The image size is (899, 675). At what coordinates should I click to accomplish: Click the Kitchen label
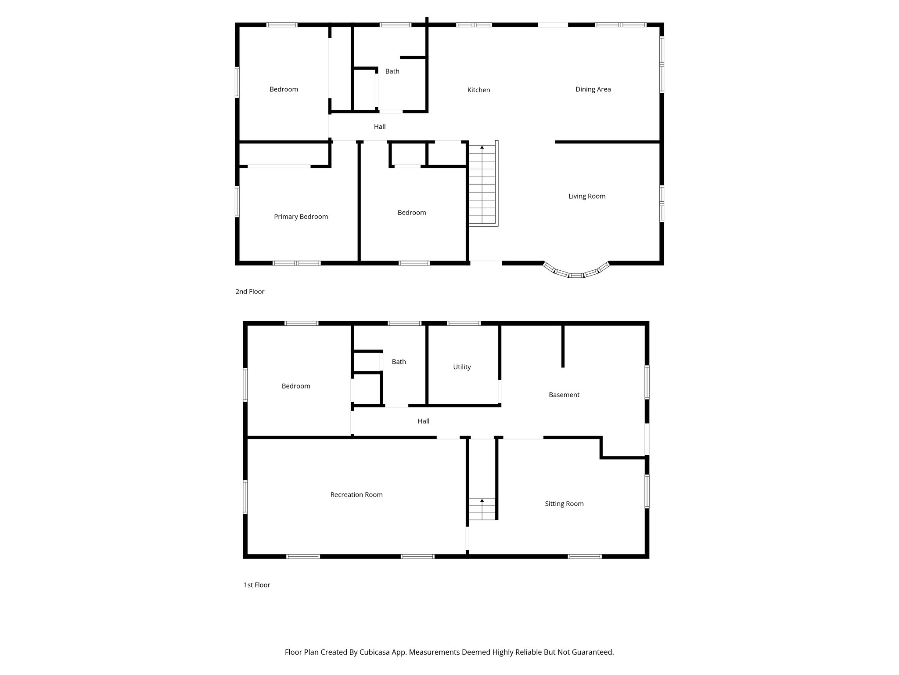tap(478, 90)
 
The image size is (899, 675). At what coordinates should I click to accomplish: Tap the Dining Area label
tap(593, 89)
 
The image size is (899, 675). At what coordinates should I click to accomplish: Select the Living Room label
tap(587, 196)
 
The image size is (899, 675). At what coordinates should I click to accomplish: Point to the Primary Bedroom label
tap(301, 217)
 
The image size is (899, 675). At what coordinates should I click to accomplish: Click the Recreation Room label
tap(356, 495)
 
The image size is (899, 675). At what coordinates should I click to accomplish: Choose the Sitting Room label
tap(564, 504)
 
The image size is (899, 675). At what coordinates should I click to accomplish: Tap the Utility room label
tap(462, 367)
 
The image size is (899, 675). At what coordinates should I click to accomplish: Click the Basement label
tap(564, 395)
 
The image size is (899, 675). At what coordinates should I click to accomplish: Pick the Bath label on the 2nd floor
tap(392, 71)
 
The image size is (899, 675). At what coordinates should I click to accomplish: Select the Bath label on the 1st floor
tap(399, 362)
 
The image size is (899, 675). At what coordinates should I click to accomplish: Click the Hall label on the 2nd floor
tap(380, 127)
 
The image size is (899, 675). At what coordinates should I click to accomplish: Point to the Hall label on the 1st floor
tap(423, 421)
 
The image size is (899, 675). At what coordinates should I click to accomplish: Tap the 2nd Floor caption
tap(250, 292)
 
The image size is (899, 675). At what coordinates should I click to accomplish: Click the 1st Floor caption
tap(257, 585)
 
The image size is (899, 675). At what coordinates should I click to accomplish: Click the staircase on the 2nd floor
tap(482, 185)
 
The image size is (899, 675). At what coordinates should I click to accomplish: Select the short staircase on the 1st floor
tap(482, 509)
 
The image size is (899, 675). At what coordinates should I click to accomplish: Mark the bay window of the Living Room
tap(576, 272)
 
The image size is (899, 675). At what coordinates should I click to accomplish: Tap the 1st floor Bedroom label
tap(296, 386)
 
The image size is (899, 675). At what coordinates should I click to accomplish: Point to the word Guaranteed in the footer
tap(591, 652)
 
